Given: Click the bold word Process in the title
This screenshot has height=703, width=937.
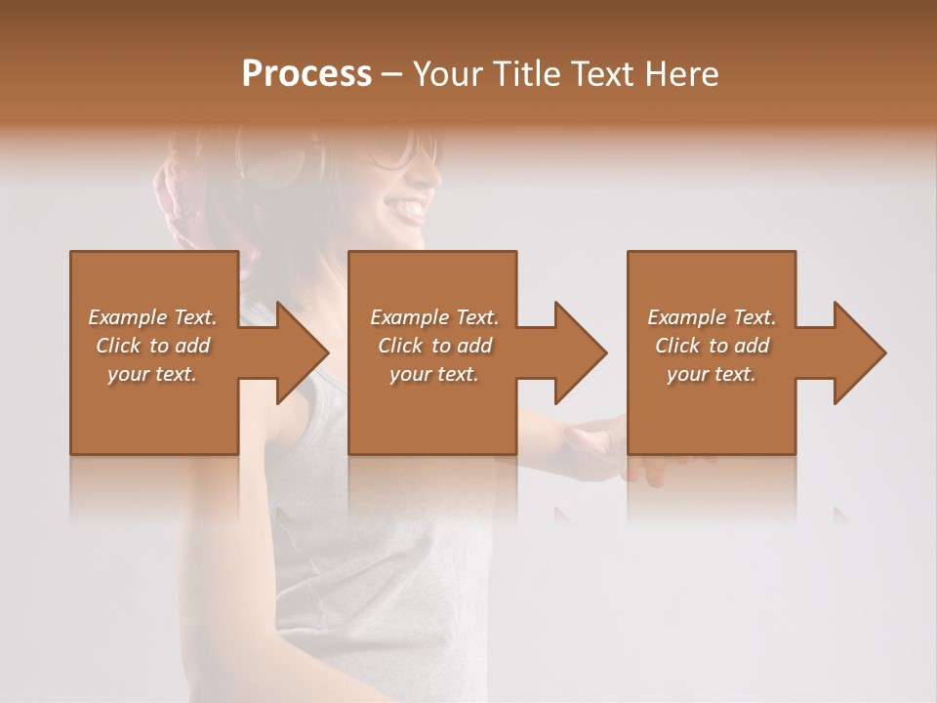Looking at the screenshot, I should pyautogui.click(x=306, y=74).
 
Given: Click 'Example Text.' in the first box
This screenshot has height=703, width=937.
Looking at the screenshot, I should pyautogui.click(x=152, y=317).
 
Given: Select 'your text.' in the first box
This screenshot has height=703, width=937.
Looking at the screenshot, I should pyautogui.click(x=152, y=374).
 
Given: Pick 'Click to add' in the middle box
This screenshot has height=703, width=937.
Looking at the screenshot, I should pyautogui.click(x=434, y=346).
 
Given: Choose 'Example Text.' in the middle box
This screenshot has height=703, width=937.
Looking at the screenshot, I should pyautogui.click(x=434, y=317).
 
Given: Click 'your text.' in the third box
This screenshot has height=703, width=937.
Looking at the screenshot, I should pyautogui.click(x=712, y=374).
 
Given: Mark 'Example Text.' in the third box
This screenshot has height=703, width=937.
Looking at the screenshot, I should pyautogui.click(x=712, y=317).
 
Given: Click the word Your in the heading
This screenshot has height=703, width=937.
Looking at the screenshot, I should pyautogui.click(x=447, y=74).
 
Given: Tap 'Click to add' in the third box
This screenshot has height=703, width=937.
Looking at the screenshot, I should pyautogui.click(x=712, y=346).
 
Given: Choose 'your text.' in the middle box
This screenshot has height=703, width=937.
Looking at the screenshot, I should pyautogui.click(x=434, y=374).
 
